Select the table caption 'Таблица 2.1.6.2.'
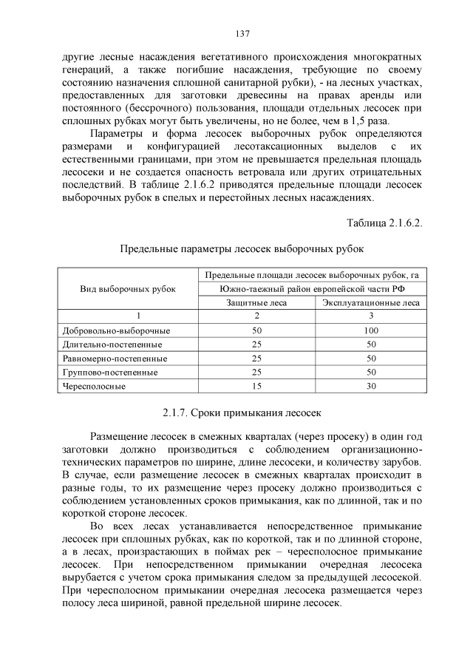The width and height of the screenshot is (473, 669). tap(384, 223)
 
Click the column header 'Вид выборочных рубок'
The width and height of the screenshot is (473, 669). tap(128, 288)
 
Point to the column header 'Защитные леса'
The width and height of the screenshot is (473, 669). tap(256, 302)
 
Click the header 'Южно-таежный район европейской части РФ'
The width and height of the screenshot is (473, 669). tap(313, 288)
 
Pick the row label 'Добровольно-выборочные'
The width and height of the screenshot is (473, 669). tap(106, 330)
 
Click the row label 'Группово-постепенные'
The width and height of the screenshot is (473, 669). tap(103, 372)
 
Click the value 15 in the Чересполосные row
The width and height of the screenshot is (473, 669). tap(256, 386)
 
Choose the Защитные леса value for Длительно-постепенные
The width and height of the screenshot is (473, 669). tap(256, 344)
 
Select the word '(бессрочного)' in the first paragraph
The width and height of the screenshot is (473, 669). tap(141, 109)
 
